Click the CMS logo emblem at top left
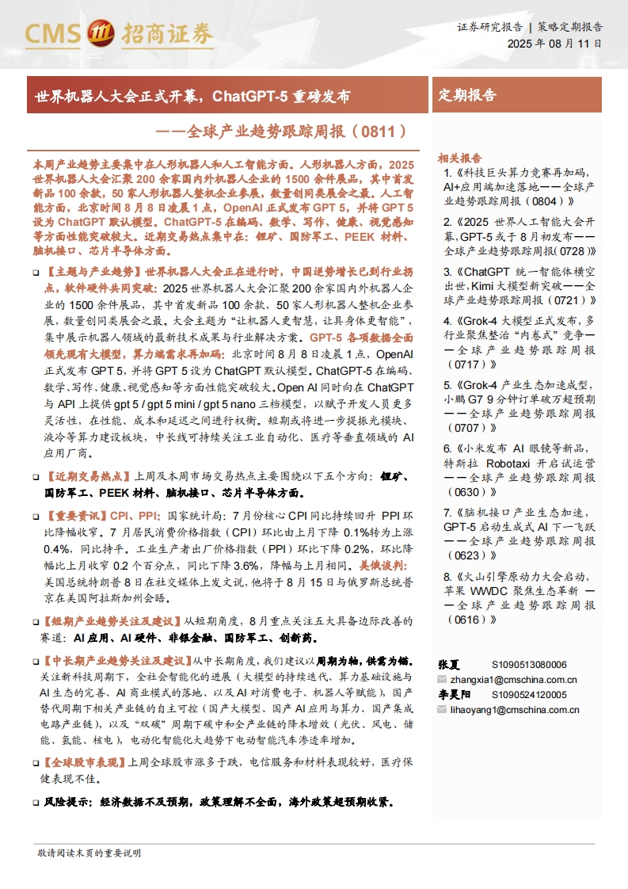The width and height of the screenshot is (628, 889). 99,32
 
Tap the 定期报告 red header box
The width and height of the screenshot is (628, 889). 468,95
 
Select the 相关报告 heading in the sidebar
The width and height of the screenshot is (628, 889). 460,157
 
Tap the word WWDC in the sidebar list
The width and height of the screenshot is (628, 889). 498,591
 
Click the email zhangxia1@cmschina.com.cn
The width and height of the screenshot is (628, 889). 513,679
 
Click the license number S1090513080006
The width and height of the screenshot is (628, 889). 529,664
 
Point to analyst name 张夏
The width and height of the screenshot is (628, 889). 449,664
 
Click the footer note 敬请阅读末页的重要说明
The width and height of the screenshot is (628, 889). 89,853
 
